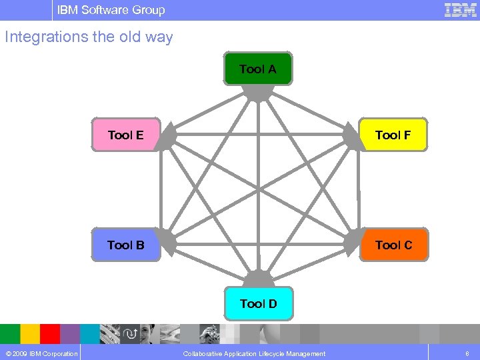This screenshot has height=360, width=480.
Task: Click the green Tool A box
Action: point(258,69)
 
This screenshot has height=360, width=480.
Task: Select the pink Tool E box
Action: point(126,135)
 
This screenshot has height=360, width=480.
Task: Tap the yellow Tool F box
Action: point(393,135)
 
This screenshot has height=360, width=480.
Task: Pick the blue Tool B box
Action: point(126,245)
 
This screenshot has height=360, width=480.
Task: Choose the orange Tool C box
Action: point(393,245)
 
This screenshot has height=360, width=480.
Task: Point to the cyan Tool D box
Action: point(258,304)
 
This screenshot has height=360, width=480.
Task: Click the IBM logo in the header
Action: point(460,10)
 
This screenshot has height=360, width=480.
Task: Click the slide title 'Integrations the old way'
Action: point(89,37)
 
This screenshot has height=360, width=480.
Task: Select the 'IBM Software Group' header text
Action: point(111,10)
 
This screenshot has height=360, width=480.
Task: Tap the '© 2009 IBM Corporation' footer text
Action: point(40,353)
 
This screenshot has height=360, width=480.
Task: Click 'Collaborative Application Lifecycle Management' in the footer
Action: point(254,353)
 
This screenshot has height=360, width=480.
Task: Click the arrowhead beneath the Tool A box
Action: point(258,94)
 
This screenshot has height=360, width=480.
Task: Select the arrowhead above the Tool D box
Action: point(257,279)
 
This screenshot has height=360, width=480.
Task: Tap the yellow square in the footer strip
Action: point(30,333)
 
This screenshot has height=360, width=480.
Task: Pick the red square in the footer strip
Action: point(50,333)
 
